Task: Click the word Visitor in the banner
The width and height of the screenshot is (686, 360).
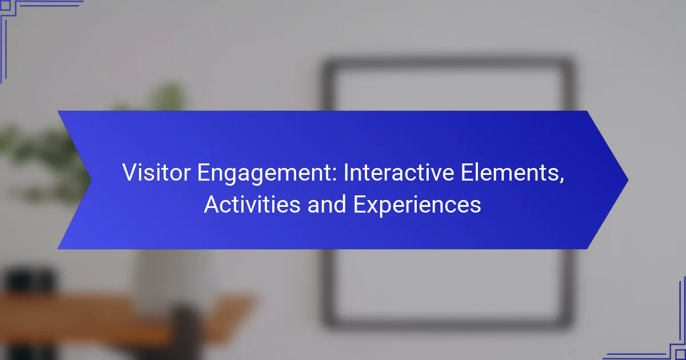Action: [x=156, y=173]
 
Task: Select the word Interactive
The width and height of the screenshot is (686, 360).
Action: [x=398, y=173]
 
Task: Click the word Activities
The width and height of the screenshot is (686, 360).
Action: [x=252, y=205]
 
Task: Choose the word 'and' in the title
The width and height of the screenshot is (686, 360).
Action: [x=326, y=205]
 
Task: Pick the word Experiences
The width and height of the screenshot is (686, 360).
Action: [x=417, y=206]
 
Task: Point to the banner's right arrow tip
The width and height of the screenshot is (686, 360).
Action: [x=628, y=180]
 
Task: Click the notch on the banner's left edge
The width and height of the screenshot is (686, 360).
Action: [x=91, y=180]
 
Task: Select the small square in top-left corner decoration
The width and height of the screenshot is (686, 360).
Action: [x=5, y=5]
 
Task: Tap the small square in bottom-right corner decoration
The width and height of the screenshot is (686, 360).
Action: [x=680, y=354]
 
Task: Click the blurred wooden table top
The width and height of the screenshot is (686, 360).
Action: [x=122, y=315]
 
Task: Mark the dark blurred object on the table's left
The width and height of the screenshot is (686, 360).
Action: [x=31, y=282]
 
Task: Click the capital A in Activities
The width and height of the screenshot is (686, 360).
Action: [x=212, y=205]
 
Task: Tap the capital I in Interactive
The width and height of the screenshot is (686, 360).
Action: [x=346, y=173]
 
